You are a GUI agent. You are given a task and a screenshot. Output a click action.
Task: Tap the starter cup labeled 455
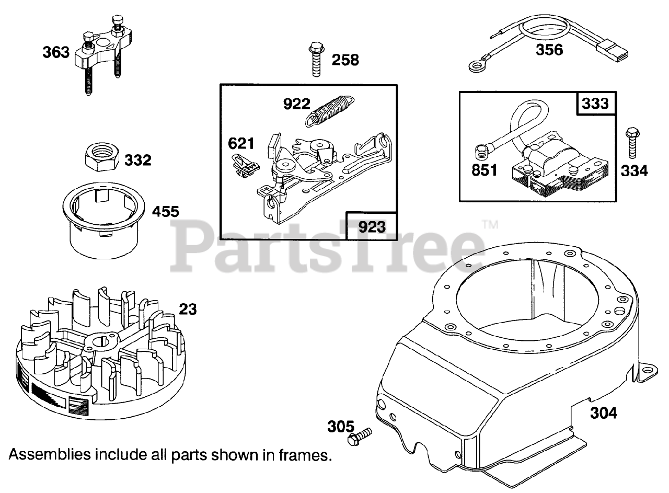[x=105, y=222]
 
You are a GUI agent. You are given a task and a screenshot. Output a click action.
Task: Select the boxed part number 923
[x=372, y=227]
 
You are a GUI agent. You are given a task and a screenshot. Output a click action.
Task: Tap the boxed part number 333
[x=596, y=104]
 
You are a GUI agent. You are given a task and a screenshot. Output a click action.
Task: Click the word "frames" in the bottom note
[x=304, y=455]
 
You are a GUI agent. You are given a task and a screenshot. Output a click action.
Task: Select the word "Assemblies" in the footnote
[x=49, y=455]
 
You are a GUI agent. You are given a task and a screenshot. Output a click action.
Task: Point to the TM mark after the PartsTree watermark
[x=489, y=225]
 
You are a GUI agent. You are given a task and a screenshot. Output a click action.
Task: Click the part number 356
[x=549, y=50]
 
